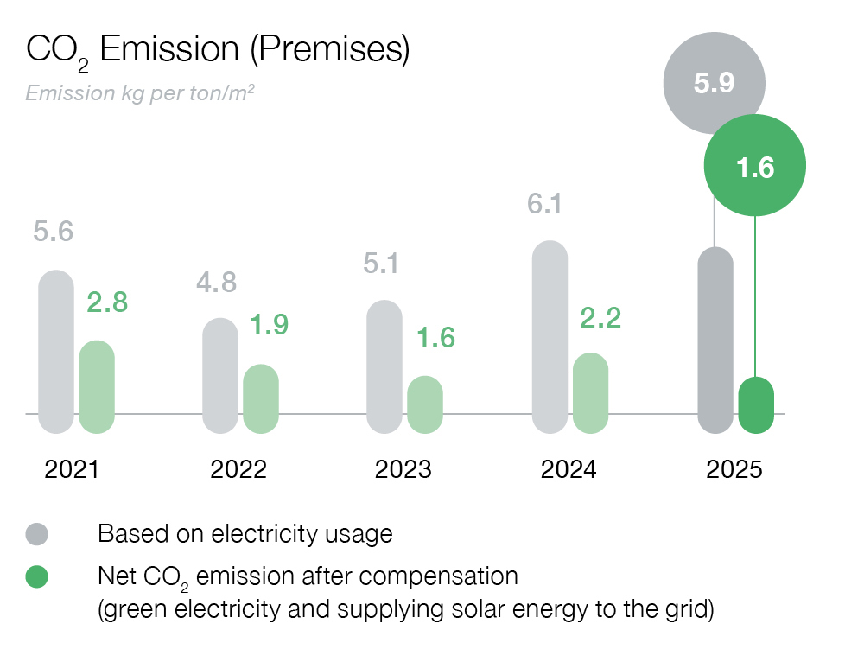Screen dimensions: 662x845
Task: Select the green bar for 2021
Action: click(x=97, y=386)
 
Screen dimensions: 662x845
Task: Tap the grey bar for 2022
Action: click(x=220, y=375)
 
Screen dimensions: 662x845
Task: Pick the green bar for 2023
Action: click(x=425, y=404)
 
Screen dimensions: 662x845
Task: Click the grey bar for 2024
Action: click(x=550, y=337)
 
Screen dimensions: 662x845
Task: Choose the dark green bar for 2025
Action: click(x=756, y=405)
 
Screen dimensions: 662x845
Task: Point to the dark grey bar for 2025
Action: click(x=715, y=341)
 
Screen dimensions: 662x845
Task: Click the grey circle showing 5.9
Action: click(x=714, y=84)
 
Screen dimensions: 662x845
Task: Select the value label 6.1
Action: click(x=545, y=204)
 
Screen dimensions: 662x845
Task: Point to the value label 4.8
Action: click(x=217, y=283)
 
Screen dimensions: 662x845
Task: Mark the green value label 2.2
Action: click(x=600, y=318)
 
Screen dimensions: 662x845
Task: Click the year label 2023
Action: click(x=403, y=470)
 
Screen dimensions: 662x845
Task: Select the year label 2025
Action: click(x=734, y=470)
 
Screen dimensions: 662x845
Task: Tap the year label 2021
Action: click(x=73, y=470)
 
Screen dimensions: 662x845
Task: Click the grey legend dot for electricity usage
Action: click(x=37, y=534)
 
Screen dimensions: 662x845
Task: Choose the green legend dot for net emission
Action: click(x=37, y=576)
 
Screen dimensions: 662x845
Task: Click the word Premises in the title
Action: click(x=329, y=49)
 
